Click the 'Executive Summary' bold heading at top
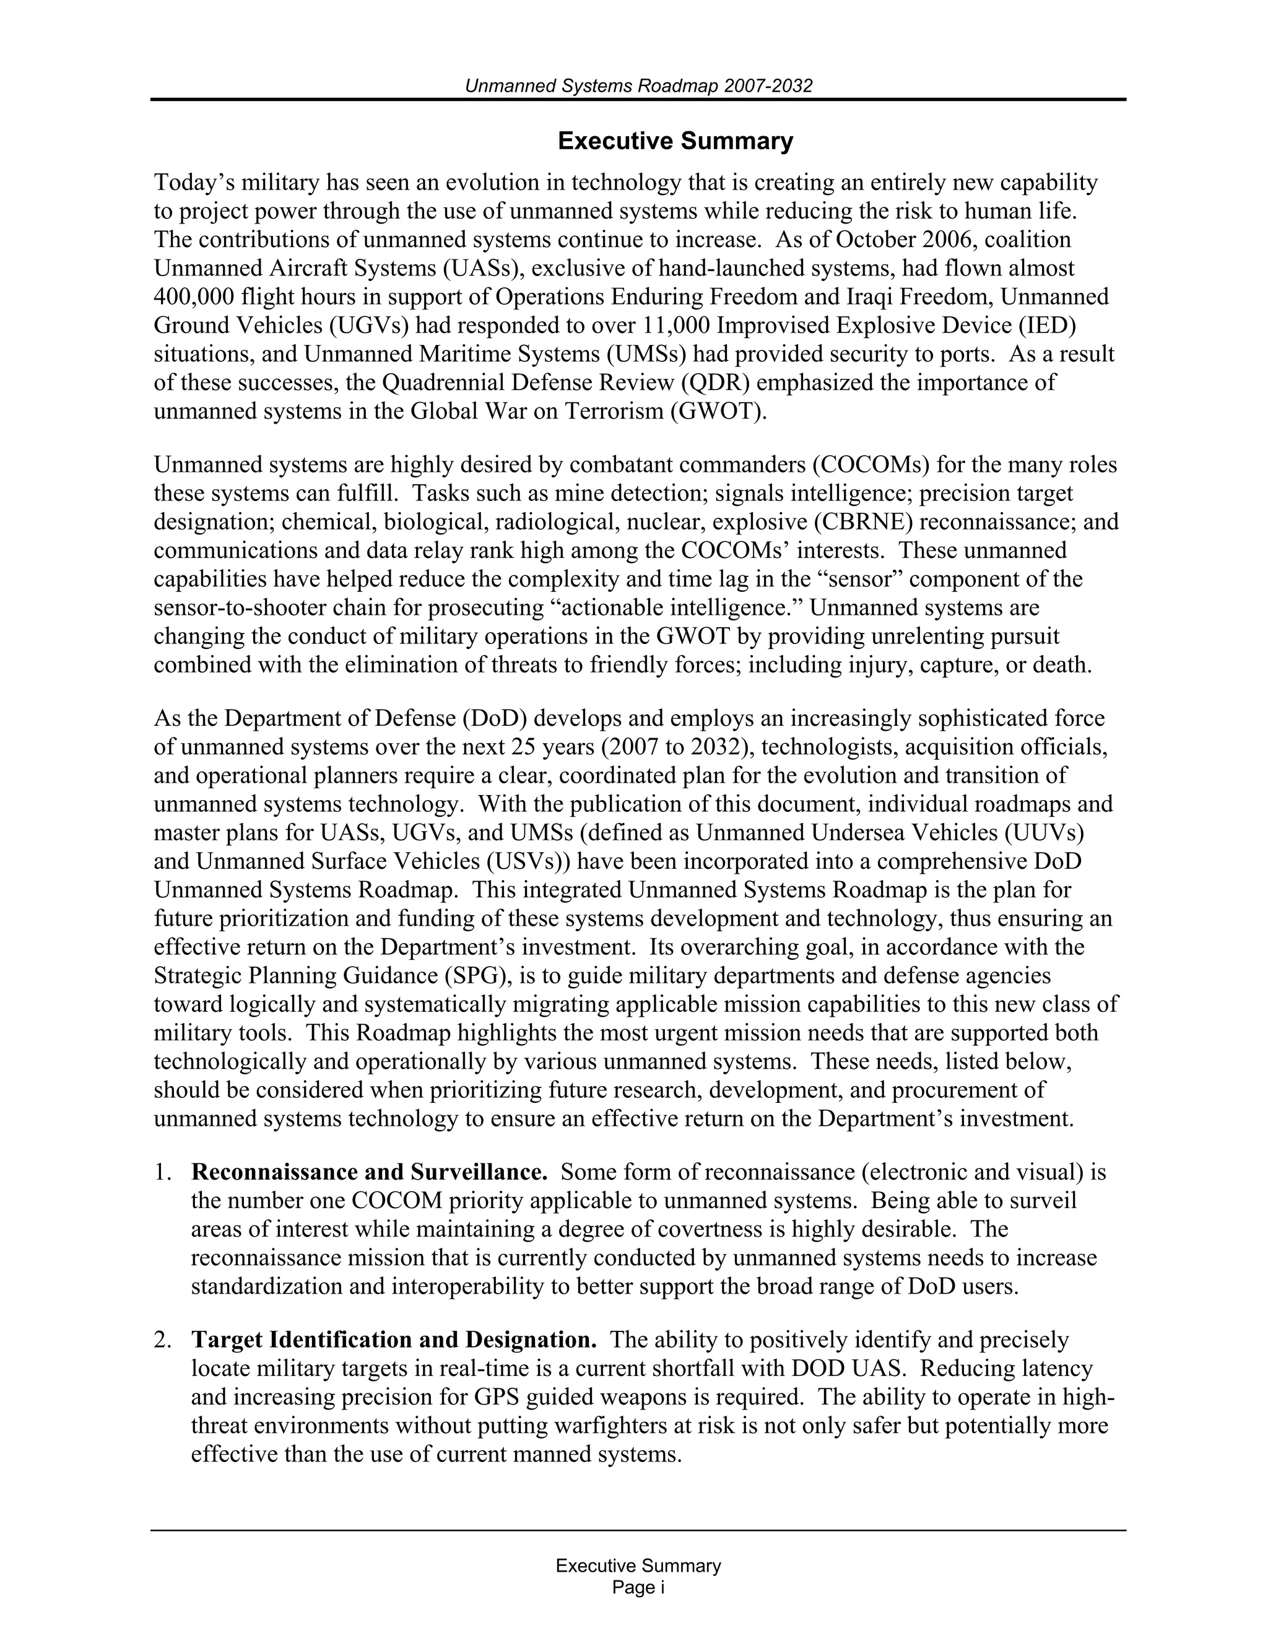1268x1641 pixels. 675,141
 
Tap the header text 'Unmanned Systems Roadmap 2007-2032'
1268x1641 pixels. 638,87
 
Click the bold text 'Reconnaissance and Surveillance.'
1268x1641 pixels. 369,1172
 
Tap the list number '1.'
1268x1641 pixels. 163,1172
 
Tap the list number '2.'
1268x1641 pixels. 163,1339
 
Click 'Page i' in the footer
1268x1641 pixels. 638,1588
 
